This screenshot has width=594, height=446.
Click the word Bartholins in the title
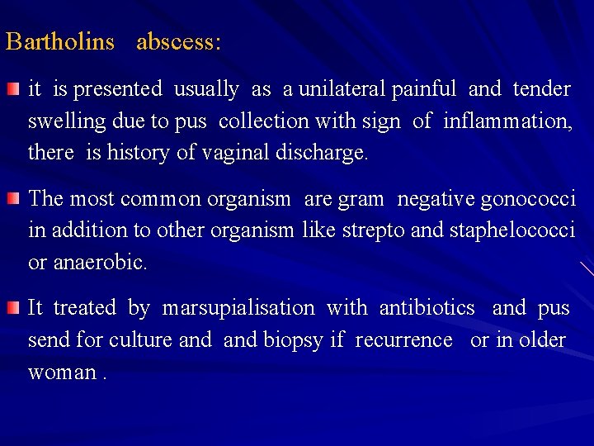(x=59, y=42)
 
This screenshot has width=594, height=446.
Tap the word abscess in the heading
(x=177, y=42)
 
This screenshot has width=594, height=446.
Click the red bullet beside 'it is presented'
(x=14, y=88)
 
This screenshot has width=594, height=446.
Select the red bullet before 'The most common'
(x=14, y=198)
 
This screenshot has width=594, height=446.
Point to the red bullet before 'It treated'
(x=14, y=308)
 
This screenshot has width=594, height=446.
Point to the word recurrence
(x=403, y=340)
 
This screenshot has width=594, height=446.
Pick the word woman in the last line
(x=62, y=372)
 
